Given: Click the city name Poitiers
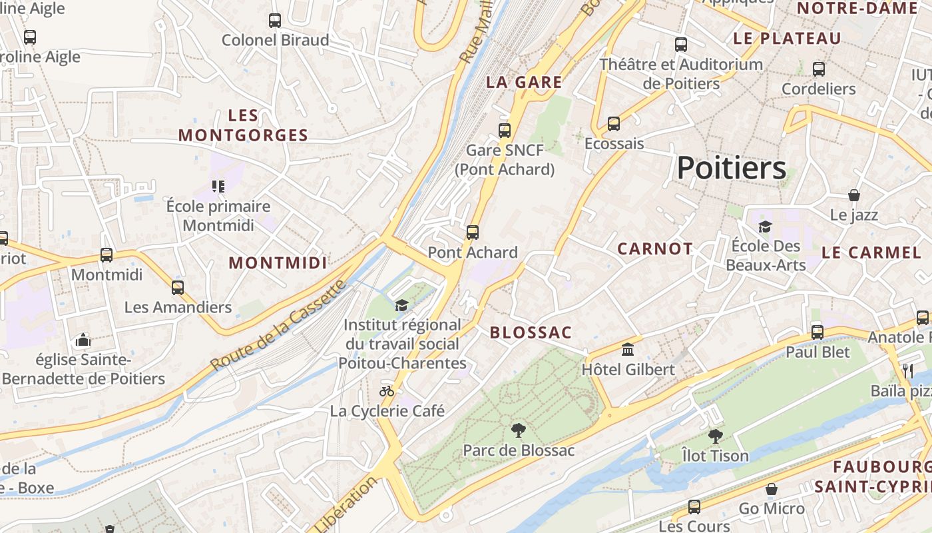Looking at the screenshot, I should pyautogui.click(x=732, y=168).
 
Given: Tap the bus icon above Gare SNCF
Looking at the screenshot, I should pyautogui.click(x=505, y=130).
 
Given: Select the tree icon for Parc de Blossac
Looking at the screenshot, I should pyautogui.click(x=518, y=430).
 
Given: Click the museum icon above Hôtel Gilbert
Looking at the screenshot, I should pyautogui.click(x=627, y=349).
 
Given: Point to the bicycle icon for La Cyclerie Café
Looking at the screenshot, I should pyautogui.click(x=387, y=391).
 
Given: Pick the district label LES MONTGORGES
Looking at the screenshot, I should pyautogui.click(x=243, y=125).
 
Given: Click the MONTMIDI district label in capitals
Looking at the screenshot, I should pyautogui.click(x=278, y=263).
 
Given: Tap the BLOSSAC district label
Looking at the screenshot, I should pyautogui.click(x=531, y=332).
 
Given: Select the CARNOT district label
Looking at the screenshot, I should pyautogui.click(x=655, y=249).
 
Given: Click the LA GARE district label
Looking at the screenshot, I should pyautogui.click(x=524, y=83).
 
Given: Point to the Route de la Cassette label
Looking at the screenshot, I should pyautogui.click(x=280, y=325).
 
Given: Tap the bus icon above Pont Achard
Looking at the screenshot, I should pyautogui.click(x=473, y=232).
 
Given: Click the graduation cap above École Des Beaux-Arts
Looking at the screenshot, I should pyautogui.click(x=765, y=227).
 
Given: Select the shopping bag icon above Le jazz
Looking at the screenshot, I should pyautogui.click(x=854, y=195).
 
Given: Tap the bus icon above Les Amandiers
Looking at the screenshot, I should pyautogui.click(x=178, y=287).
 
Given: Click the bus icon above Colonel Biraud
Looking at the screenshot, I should pyautogui.click(x=275, y=20).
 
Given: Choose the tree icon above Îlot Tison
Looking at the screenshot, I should pyautogui.click(x=715, y=436).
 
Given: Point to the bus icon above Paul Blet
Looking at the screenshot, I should pyautogui.click(x=817, y=332).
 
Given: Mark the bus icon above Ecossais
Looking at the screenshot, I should pyautogui.click(x=614, y=123).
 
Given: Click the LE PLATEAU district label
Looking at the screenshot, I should pyautogui.click(x=787, y=39).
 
